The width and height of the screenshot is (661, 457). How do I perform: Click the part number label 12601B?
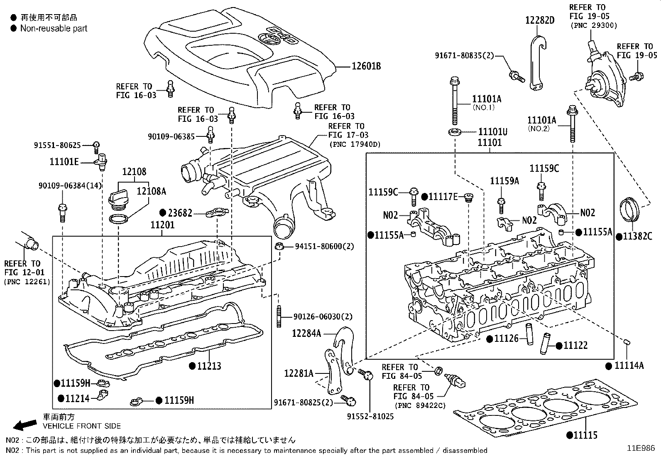(366, 66)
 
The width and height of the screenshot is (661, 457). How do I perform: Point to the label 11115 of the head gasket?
(585, 435)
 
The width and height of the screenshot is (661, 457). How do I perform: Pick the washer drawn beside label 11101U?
(455, 132)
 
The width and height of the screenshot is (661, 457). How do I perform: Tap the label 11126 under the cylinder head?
(506, 339)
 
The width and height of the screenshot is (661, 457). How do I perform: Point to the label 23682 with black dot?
(180, 213)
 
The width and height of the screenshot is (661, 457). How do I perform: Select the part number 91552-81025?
(371, 416)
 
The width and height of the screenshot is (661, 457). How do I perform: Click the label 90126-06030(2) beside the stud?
(323, 317)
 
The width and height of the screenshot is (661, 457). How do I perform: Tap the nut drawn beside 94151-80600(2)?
(279, 246)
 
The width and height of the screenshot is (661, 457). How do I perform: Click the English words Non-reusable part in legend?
(54, 28)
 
